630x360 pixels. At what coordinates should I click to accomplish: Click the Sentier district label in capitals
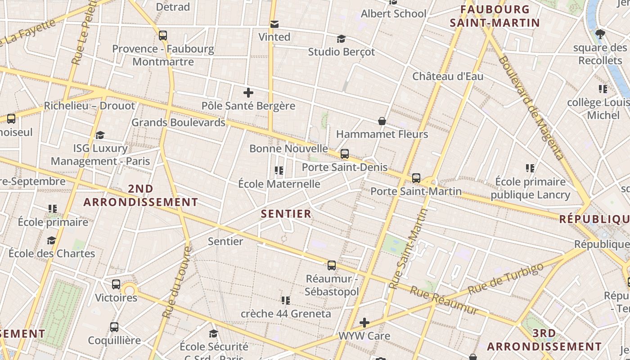pyautogui.click(x=286, y=214)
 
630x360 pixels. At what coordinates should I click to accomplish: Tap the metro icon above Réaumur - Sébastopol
pyautogui.click(x=332, y=265)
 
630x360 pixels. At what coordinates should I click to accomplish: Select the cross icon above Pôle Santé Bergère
pyautogui.click(x=248, y=93)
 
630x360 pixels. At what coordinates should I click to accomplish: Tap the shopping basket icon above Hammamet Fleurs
pyautogui.click(x=382, y=121)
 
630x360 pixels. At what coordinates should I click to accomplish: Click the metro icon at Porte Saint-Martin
pyautogui.click(x=416, y=178)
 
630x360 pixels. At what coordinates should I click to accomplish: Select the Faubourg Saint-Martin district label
pyautogui.click(x=495, y=16)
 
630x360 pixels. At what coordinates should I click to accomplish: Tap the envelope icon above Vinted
pyautogui.click(x=274, y=24)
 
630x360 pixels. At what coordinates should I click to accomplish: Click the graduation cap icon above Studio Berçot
pyautogui.click(x=341, y=39)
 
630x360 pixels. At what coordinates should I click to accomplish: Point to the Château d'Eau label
pyautogui.click(x=448, y=76)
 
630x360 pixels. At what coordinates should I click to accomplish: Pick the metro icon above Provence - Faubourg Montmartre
pyautogui.click(x=163, y=35)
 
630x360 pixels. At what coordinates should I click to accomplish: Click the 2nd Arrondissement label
pyautogui.click(x=141, y=196)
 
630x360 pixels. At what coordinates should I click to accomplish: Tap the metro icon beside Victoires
pyautogui.click(x=116, y=284)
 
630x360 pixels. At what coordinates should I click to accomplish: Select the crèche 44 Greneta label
pyautogui.click(x=286, y=314)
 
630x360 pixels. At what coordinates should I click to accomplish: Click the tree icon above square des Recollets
pyautogui.click(x=600, y=34)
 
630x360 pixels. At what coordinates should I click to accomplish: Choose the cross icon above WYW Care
pyautogui.click(x=364, y=323)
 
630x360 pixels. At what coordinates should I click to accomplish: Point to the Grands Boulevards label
pyautogui.click(x=178, y=122)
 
